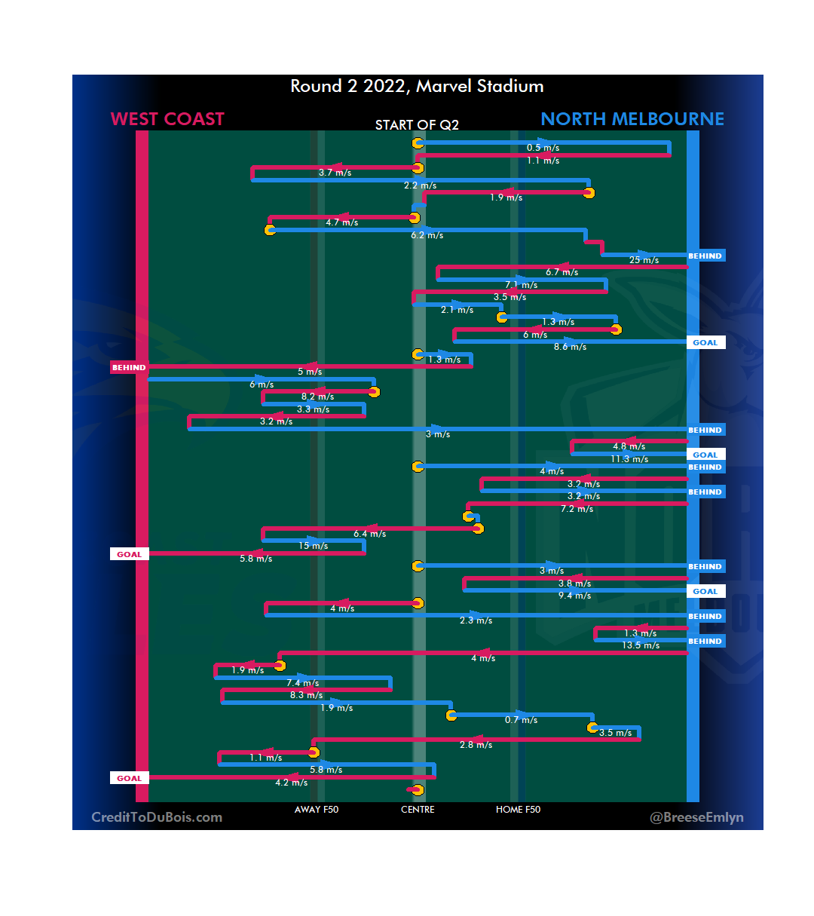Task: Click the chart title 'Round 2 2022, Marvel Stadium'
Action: point(417,86)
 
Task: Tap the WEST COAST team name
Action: point(167,119)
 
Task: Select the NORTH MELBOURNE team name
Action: point(632,119)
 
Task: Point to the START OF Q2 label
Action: point(417,125)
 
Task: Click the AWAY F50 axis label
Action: point(317,810)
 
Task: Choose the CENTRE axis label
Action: point(418,810)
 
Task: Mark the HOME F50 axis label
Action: point(518,810)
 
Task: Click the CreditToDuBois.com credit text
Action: point(157,817)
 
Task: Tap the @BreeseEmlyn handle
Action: point(696,817)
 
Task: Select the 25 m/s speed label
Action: point(644,260)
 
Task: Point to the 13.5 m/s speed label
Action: point(641,645)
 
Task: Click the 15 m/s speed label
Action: point(313,546)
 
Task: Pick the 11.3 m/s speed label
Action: point(629,459)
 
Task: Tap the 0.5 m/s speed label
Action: point(543,148)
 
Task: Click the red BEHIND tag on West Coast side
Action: point(129,368)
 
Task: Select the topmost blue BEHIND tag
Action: point(705,256)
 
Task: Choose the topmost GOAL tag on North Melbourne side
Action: point(705,343)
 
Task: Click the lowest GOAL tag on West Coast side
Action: point(129,779)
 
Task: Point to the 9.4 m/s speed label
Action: point(574,596)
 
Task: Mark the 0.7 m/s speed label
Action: point(521,720)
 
